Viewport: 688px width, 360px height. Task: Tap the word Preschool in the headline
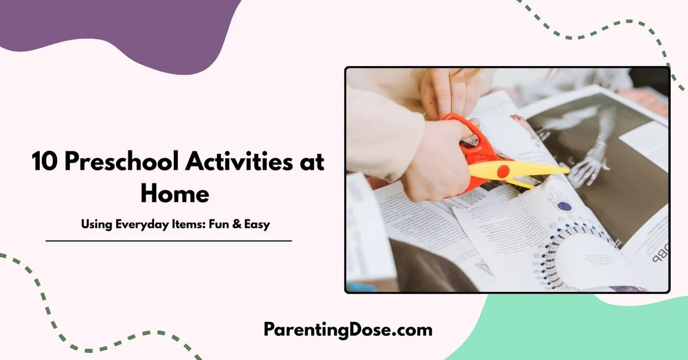[x=119, y=162]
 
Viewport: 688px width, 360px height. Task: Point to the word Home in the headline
[x=175, y=194]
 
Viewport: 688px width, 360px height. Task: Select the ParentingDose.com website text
[x=348, y=329]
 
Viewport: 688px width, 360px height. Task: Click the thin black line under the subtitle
[x=169, y=240]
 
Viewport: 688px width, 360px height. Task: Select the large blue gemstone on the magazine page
[x=564, y=207]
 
